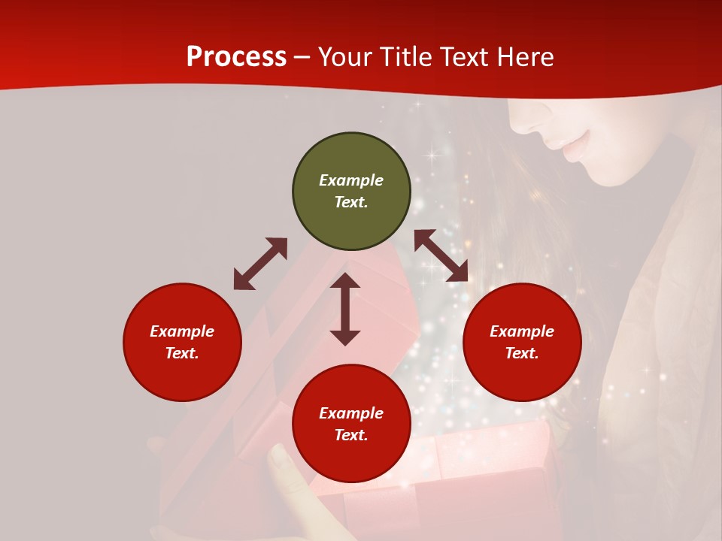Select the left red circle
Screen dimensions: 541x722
182,342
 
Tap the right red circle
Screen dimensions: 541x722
522,342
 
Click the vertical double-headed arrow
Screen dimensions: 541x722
345,309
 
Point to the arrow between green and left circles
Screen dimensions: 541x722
260,264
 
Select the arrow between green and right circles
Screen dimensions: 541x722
441,255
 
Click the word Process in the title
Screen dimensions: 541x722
236,56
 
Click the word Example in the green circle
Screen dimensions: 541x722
351,180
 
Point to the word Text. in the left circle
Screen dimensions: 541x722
182,353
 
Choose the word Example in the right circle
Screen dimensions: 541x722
522,331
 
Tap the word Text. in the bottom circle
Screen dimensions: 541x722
351,435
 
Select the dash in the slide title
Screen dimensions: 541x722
302,57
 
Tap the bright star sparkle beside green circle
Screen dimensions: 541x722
432,156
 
